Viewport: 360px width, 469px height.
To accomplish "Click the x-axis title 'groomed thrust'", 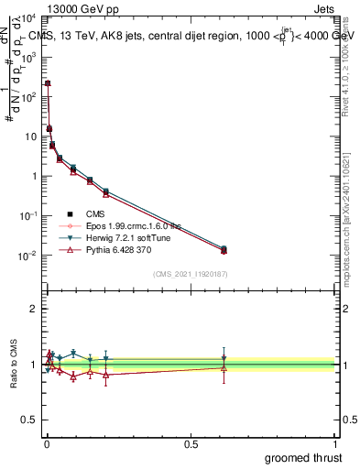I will [x=303, y=457].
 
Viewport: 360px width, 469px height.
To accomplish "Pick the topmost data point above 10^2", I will [x=48, y=83].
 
